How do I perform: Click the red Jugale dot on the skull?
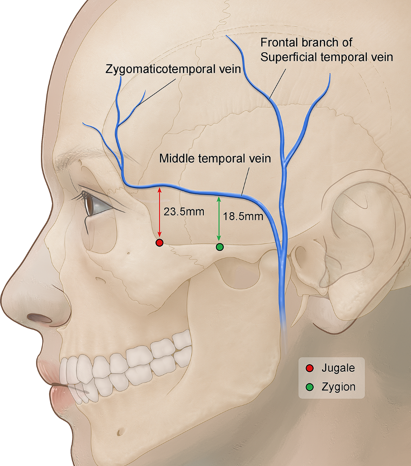(x=159, y=243)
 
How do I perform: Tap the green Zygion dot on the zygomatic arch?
(x=220, y=247)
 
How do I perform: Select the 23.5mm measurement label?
(x=184, y=212)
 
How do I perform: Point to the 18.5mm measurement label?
(x=243, y=216)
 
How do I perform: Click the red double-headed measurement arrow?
(x=159, y=213)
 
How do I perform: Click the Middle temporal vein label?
(x=215, y=158)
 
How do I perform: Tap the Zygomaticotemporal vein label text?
(x=173, y=69)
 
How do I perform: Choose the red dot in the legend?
(x=310, y=368)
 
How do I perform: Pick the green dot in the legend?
(x=310, y=387)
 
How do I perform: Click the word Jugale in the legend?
(x=338, y=368)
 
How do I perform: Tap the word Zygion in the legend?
(x=338, y=387)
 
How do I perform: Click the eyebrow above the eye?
(x=75, y=161)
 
